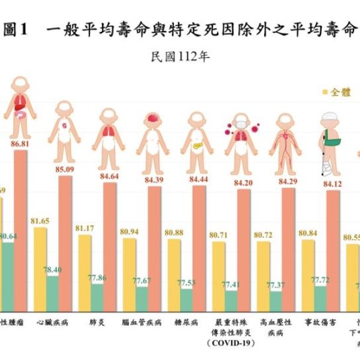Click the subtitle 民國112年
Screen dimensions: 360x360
point(180,58)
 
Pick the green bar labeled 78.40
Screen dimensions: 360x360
point(52,293)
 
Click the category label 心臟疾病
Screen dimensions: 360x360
point(52,322)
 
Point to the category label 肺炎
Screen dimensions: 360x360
point(97,322)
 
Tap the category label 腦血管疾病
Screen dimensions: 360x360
point(142,322)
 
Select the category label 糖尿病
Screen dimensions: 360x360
point(186,322)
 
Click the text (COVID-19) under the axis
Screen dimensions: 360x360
point(230,343)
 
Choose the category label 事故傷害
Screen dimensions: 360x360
point(320,322)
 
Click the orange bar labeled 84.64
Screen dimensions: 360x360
point(109,247)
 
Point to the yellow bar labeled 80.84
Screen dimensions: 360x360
point(308,275)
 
